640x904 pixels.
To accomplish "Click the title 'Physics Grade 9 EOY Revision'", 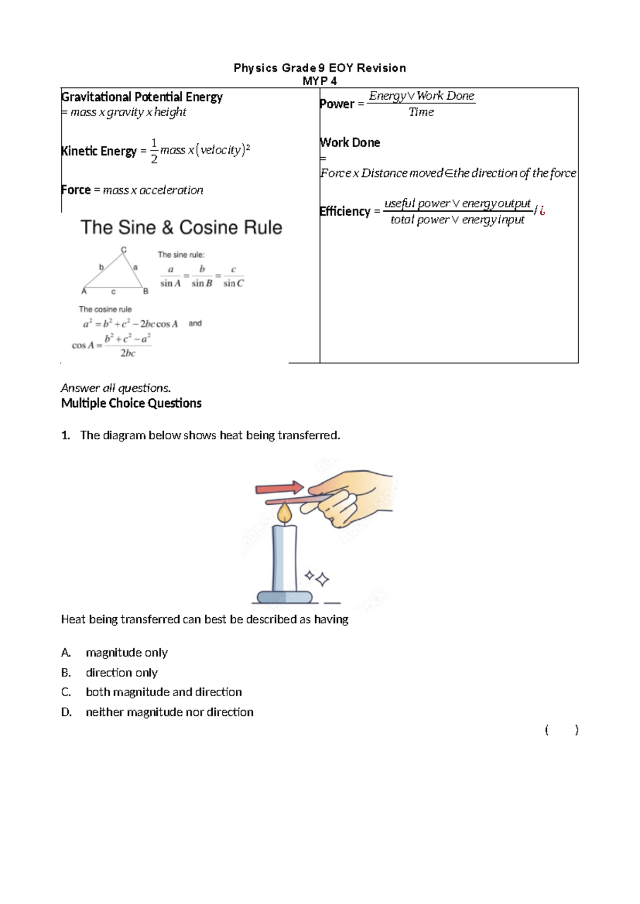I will [x=320, y=68].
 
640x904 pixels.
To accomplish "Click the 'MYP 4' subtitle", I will [x=319, y=81].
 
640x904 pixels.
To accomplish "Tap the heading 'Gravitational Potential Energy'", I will [x=142, y=97].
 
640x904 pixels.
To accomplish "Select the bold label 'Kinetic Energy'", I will [x=99, y=151].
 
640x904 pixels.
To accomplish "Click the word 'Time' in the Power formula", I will [x=421, y=112].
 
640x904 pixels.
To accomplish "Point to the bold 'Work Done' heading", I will [x=350, y=142].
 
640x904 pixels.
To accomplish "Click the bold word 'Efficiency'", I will [x=345, y=211].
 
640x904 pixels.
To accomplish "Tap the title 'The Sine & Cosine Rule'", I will [x=181, y=228].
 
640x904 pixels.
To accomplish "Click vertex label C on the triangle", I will [x=124, y=249].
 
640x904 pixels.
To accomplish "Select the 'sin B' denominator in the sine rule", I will [x=202, y=284].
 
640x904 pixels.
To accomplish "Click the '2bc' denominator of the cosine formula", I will [x=127, y=353].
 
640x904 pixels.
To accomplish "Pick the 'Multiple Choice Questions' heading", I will [x=131, y=403].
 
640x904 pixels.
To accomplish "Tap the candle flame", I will [x=285, y=513].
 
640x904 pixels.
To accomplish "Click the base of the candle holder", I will [x=284, y=597].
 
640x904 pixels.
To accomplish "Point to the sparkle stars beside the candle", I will [x=317, y=578].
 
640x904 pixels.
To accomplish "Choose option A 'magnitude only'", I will [x=126, y=652].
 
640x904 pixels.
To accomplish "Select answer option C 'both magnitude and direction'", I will [x=163, y=692].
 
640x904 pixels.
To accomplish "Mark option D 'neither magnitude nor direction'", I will [x=169, y=712].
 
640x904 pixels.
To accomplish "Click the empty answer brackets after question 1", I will [x=562, y=730].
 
